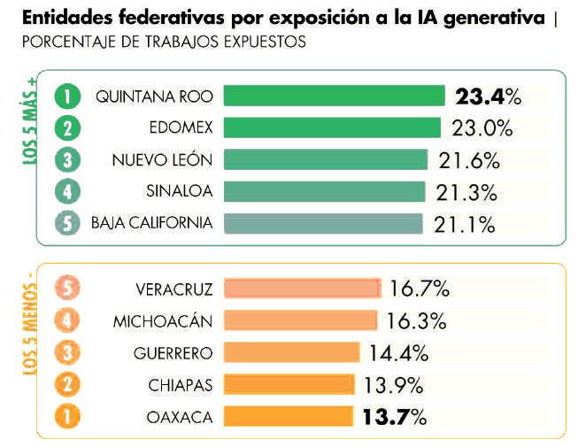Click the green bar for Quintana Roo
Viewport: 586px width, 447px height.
point(334,96)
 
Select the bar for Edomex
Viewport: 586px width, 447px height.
point(332,127)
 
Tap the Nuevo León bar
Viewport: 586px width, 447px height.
point(325,159)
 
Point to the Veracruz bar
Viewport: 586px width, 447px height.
point(302,289)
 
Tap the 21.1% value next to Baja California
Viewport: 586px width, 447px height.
point(465,224)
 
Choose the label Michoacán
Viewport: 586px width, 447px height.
point(163,320)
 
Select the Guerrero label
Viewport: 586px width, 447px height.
point(173,352)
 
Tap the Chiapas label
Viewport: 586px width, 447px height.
point(181,384)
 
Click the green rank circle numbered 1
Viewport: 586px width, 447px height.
point(67,96)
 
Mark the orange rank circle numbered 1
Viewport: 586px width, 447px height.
point(67,416)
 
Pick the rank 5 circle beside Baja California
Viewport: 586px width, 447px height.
point(67,223)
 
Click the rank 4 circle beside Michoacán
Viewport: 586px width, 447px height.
point(67,320)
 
